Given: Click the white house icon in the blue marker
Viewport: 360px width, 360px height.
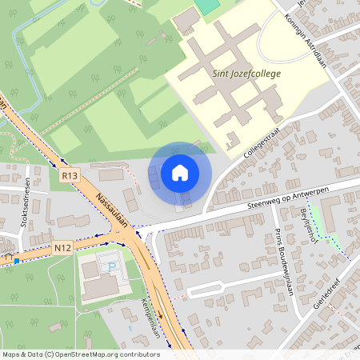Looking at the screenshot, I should pyautogui.click(x=180, y=172).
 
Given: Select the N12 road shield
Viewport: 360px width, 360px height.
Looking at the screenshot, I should pyautogui.click(x=63, y=248).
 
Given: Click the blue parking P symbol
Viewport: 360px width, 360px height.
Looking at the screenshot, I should pyautogui.click(x=112, y=266).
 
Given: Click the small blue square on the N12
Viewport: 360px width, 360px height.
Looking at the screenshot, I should pyautogui.click(x=16, y=260).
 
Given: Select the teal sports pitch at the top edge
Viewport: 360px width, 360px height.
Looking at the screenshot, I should pyautogui.click(x=207, y=5).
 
